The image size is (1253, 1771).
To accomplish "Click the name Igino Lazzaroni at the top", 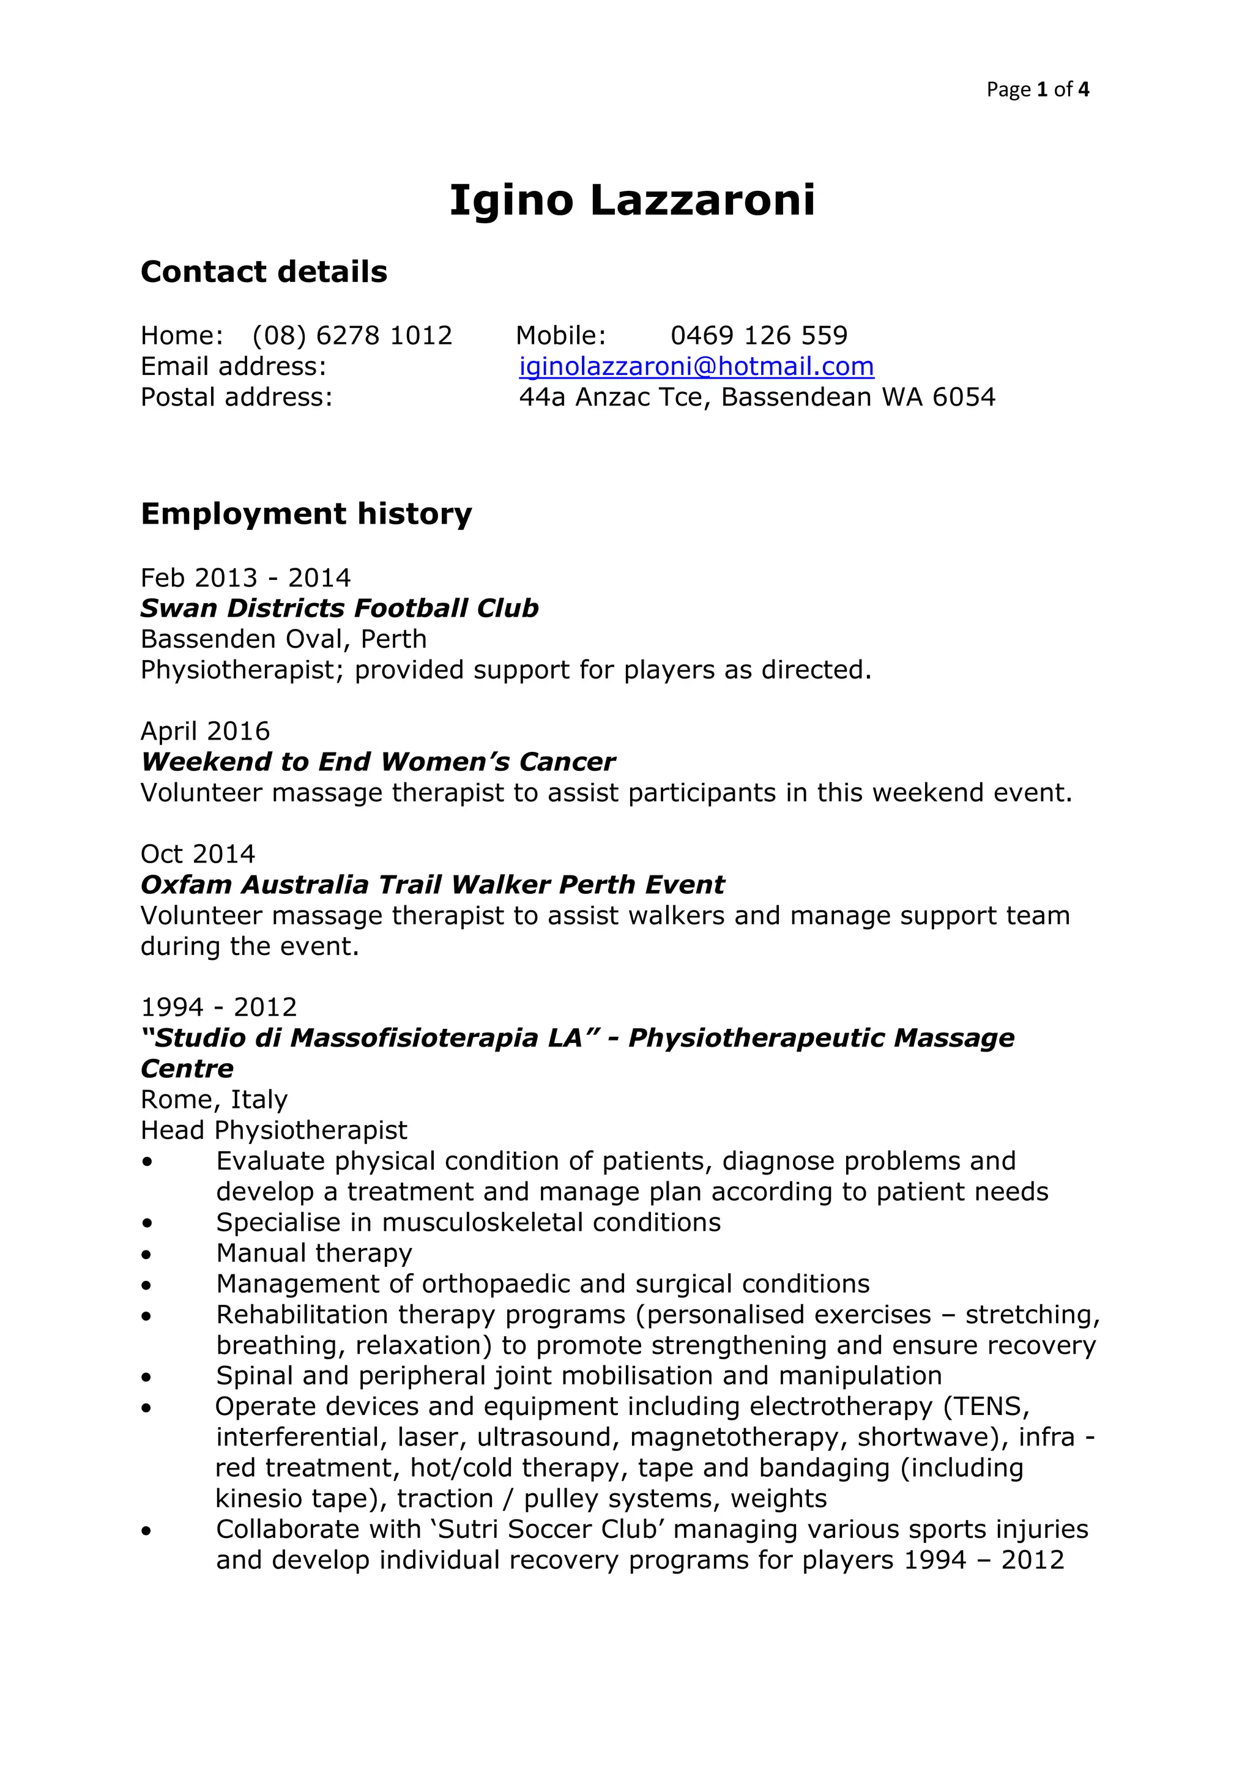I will tap(632, 201).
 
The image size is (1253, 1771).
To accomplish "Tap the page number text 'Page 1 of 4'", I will tap(1037, 89).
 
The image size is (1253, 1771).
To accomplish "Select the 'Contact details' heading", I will tap(264, 272).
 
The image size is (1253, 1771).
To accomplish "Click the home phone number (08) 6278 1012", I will tap(352, 335).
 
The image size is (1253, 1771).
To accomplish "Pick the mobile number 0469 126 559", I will tap(759, 335).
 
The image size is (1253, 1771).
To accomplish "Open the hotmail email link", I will tap(696, 366).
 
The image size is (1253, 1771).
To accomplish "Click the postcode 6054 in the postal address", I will tap(964, 397).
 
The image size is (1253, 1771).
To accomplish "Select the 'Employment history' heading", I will tap(307, 514).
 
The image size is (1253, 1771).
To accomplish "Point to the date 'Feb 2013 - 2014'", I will tap(245, 577).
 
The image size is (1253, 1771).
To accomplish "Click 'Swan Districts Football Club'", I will tap(340, 609).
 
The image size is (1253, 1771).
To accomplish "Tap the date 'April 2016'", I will tap(205, 731).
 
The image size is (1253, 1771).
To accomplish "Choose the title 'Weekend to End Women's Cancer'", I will tap(378, 762).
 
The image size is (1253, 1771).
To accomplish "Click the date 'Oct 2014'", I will tap(198, 854).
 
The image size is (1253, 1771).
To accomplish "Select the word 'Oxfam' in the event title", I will tap(186, 885).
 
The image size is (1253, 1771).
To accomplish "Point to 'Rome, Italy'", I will tap(214, 1099).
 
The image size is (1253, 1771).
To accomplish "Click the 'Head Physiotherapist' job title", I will tap(274, 1130).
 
